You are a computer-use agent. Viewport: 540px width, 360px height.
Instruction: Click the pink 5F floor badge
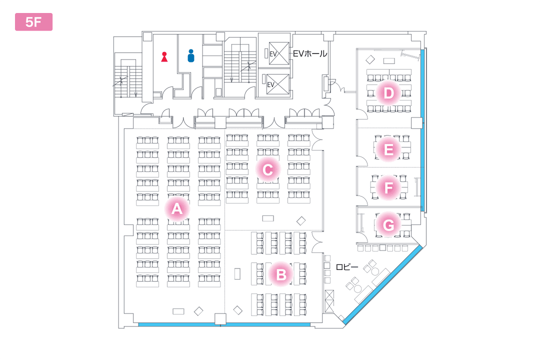pos(33,22)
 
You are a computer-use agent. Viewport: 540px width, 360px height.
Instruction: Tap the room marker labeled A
pos(176,208)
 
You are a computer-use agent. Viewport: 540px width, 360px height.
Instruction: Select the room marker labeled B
pos(281,273)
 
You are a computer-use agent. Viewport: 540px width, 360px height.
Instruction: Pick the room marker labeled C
pos(267,170)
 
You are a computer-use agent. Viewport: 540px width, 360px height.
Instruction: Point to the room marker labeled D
pos(388,93)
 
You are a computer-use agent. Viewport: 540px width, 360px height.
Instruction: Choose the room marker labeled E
pos(388,149)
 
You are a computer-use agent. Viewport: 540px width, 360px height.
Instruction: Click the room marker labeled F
pos(388,188)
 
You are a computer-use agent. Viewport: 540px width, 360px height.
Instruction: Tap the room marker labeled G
pos(388,224)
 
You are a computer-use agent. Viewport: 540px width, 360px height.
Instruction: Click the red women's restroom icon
pos(164,56)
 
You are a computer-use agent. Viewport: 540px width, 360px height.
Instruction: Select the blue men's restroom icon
pos(190,55)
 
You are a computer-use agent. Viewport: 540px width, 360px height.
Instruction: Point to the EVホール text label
pos(310,53)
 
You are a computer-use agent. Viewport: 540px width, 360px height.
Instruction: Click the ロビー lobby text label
pos(346,267)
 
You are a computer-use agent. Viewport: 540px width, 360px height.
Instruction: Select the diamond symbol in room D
pos(370,59)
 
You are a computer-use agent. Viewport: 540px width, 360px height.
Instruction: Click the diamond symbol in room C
pos(301,220)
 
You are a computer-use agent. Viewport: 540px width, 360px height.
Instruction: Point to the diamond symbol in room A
pos(198,310)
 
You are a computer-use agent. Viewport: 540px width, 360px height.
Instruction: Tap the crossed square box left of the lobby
pos(329,301)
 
